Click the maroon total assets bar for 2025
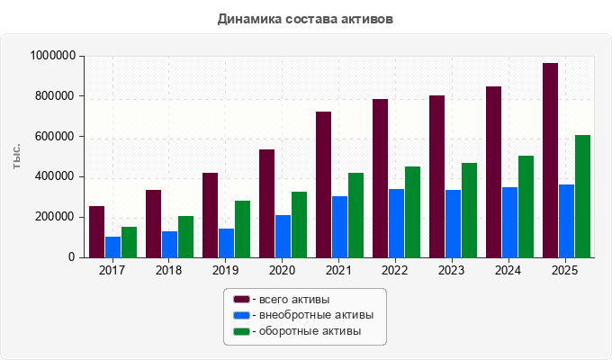[550, 160]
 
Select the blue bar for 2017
[113, 247]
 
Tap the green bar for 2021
[356, 215]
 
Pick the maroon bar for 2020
[267, 203]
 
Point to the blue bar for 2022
[397, 223]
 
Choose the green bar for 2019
[243, 229]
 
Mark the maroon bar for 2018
[153, 224]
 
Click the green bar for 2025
[582, 196]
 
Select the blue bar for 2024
[509, 222]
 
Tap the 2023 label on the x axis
[451, 270]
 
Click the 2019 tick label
[225, 270]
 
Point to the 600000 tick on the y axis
[55, 136]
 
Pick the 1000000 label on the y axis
[53, 56]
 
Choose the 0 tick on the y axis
[71, 256]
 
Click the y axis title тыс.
[16, 157]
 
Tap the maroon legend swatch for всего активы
[241, 300]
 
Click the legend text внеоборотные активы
[317, 315]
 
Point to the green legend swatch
[241, 331]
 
